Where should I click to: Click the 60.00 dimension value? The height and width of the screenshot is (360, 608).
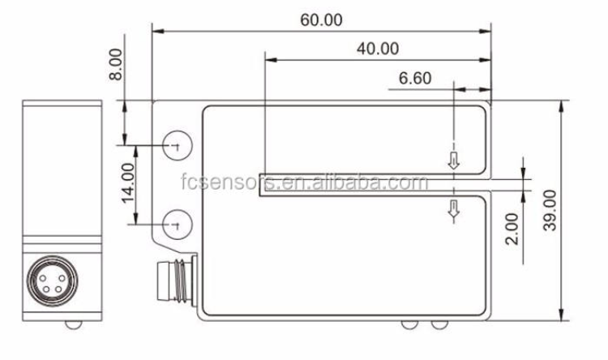[321, 20]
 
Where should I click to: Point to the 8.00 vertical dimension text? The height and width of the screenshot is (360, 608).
[116, 63]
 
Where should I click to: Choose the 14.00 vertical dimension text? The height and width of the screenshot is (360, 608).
[128, 184]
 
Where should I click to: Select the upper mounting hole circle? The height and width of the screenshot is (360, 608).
[176, 145]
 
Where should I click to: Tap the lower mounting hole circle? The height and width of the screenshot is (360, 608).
[176, 221]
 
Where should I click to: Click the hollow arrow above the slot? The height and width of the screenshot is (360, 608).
[454, 161]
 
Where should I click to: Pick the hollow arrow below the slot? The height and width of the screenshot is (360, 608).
[454, 210]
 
